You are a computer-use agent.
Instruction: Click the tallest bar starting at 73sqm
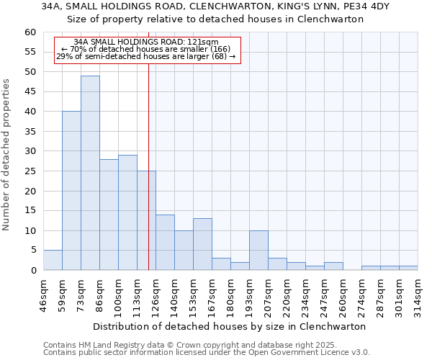click(x=90, y=173)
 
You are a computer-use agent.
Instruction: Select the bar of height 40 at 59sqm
click(x=71, y=191)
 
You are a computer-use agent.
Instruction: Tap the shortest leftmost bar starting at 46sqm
click(x=53, y=260)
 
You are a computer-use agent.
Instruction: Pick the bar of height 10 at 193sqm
click(x=258, y=251)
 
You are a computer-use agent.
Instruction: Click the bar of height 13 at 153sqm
click(x=202, y=244)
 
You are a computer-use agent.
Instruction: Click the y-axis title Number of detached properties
click(x=7, y=155)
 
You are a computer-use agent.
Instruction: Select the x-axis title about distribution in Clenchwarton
click(x=230, y=326)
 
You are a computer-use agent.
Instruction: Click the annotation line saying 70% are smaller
click(x=145, y=50)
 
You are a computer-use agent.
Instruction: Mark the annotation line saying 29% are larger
click(x=145, y=57)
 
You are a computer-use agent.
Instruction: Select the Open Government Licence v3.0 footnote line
click(x=207, y=352)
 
